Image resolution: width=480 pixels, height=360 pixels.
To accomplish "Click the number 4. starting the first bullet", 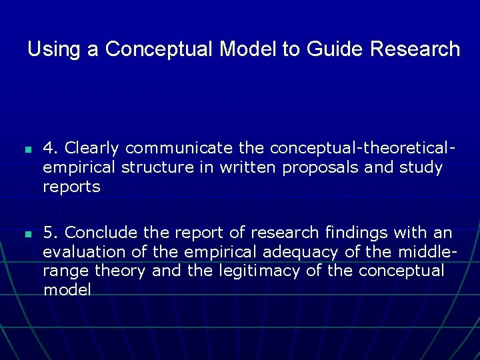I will tap(51, 147).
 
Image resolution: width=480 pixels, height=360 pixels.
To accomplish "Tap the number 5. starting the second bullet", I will tap(51, 233).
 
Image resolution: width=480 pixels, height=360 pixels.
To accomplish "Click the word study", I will tap(421, 167).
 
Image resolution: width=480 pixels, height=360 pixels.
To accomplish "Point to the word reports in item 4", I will tap(71, 187).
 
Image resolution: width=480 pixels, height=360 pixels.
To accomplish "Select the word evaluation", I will tap(84, 252).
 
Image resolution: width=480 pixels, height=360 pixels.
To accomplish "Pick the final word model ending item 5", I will tap(67, 290).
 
